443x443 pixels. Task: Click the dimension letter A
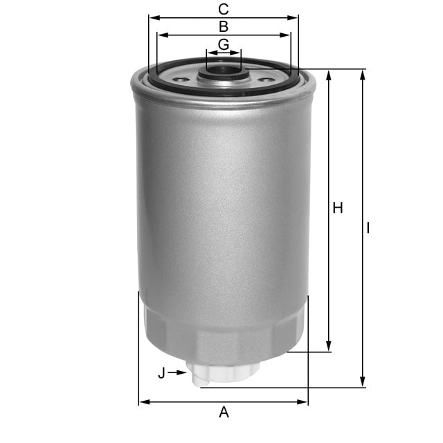coord(224,413)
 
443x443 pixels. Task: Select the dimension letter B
coord(224,27)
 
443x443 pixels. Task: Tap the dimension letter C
coord(223,9)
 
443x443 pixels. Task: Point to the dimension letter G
coord(223,44)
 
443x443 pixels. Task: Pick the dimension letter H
coord(338,208)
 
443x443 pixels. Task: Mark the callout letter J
coord(161,373)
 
